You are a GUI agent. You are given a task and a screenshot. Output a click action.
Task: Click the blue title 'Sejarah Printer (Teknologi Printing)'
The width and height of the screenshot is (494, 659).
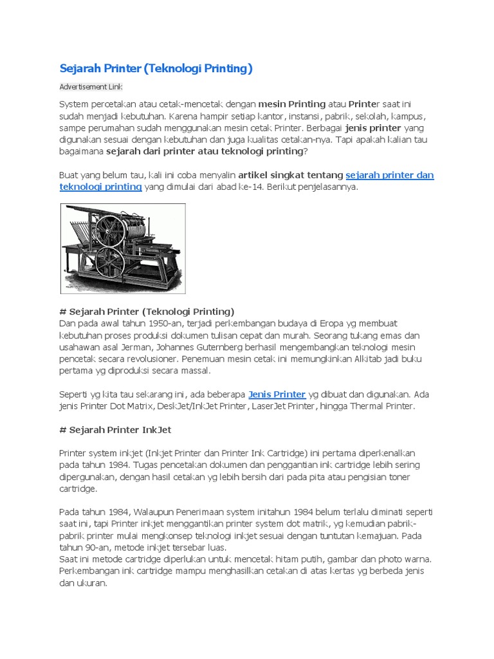point(156,68)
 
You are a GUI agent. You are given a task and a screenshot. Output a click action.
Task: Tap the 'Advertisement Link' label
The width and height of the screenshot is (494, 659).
point(91,87)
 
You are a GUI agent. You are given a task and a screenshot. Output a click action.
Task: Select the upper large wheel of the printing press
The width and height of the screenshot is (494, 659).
point(110,229)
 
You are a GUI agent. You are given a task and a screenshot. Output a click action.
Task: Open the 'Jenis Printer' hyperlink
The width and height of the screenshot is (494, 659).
point(277,394)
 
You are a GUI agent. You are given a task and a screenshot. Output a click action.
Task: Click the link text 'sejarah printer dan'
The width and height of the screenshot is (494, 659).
point(390,175)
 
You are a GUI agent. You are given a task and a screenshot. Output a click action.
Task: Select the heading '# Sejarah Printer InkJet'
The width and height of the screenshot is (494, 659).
point(115,429)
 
